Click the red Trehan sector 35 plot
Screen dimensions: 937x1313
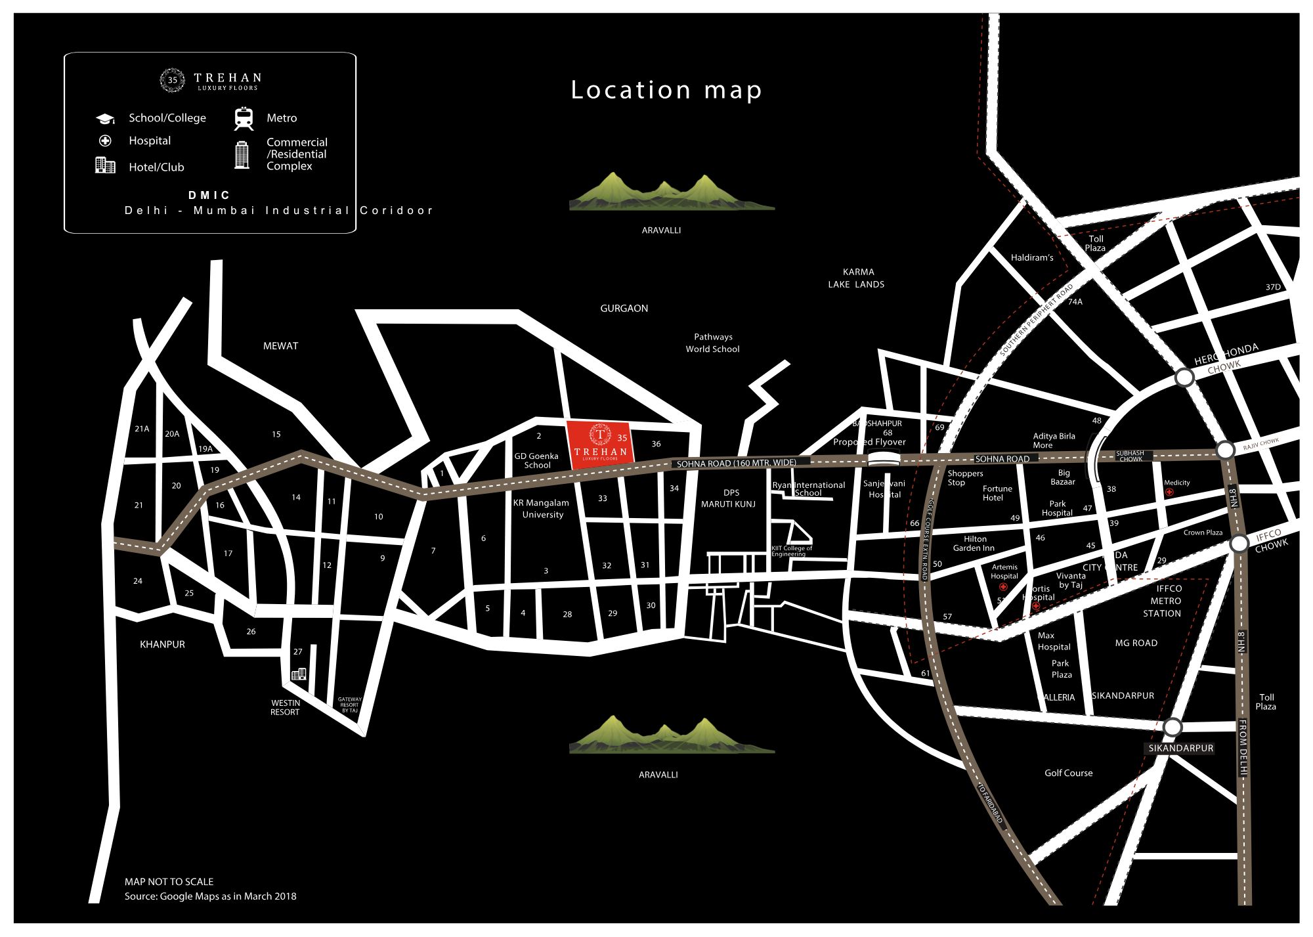click(x=600, y=445)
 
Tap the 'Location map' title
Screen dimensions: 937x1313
click(x=666, y=90)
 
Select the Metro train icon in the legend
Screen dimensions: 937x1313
click(x=244, y=118)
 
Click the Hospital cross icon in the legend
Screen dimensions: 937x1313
click(x=105, y=141)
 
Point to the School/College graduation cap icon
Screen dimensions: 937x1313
click(x=105, y=118)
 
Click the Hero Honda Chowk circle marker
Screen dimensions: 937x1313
click(x=1184, y=378)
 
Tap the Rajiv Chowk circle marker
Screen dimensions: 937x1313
click(x=1225, y=450)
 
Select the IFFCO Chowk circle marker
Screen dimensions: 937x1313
click(x=1239, y=544)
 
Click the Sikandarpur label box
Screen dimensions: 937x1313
click(x=1180, y=748)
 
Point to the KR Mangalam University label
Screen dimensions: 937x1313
click(x=542, y=509)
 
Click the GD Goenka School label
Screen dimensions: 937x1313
click(x=536, y=460)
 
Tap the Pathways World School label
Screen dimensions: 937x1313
click(x=713, y=343)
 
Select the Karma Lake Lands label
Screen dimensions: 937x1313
click(x=857, y=278)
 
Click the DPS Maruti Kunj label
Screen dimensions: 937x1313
click(x=729, y=498)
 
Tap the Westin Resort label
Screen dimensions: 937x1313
click(x=285, y=707)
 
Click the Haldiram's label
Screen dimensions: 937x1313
click(x=1032, y=257)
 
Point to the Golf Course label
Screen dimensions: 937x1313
click(x=1068, y=773)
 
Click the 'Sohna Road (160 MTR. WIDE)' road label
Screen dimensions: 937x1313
click(x=737, y=463)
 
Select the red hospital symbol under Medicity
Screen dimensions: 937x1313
click(x=1169, y=492)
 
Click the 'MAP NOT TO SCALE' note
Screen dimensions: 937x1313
click(x=169, y=881)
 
